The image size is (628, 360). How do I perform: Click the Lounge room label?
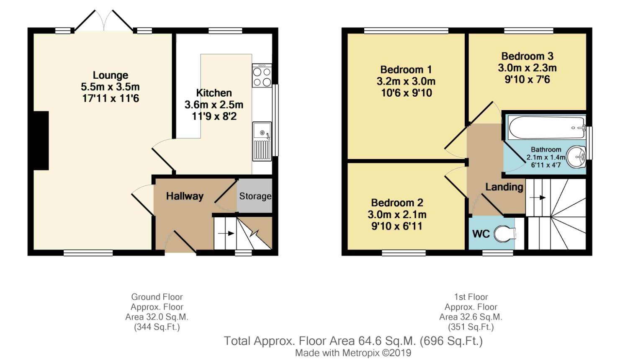[x=111, y=75]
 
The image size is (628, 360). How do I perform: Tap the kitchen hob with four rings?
[x=262, y=75]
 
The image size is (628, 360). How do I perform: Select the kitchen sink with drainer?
[x=262, y=141]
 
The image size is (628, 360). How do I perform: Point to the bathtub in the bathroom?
[x=547, y=128]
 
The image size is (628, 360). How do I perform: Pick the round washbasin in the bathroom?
[x=576, y=157]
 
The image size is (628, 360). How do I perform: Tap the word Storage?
[x=255, y=196]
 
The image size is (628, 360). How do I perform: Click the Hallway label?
[x=185, y=196]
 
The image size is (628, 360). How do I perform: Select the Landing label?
[x=504, y=187]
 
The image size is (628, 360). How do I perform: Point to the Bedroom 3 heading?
[x=528, y=56]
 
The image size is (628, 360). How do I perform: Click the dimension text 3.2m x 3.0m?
[x=406, y=81]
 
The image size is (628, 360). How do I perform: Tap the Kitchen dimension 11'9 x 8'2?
[x=214, y=116]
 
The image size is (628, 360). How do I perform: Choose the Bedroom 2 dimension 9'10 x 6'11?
[x=397, y=226]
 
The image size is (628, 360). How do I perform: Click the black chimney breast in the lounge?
[x=41, y=141]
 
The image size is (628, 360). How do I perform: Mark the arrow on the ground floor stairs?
[x=226, y=233]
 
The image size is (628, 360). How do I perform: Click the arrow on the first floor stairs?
[x=538, y=198]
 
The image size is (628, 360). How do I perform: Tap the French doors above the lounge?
[x=104, y=21]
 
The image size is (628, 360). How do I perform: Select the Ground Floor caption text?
[x=157, y=297]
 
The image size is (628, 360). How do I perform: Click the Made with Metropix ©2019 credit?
[x=353, y=353]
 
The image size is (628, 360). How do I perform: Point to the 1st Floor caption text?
[x=471, y=297]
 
